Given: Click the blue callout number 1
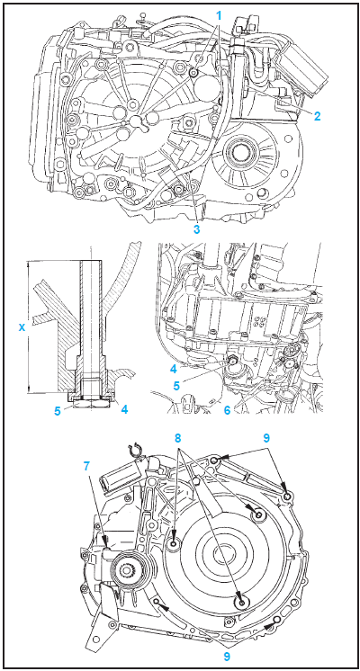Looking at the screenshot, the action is tap(219, 16).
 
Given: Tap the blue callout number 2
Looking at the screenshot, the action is tap(317, 115).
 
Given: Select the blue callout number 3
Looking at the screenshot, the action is tap(196, 229).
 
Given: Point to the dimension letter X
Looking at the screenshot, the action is tap(21, 327).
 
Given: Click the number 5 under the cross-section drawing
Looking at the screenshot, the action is tap(57, 409).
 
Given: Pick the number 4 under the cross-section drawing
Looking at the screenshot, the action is tap(124, 409).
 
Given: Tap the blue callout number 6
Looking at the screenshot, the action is tap(227, 410).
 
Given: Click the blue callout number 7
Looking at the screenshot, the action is tap(87, 466).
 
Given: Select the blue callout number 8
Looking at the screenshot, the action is tap(178, 438).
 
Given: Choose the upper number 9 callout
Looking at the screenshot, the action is tap(266, 438).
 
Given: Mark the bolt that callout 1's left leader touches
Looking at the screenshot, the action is tap(194, 74).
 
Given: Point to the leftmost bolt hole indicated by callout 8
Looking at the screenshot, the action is tap(175, 545).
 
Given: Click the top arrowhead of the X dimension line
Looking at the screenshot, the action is tap(28, 264).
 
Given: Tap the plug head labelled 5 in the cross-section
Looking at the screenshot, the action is tap(91, 403).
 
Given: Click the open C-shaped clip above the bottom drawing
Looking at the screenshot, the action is tap(132, 450).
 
